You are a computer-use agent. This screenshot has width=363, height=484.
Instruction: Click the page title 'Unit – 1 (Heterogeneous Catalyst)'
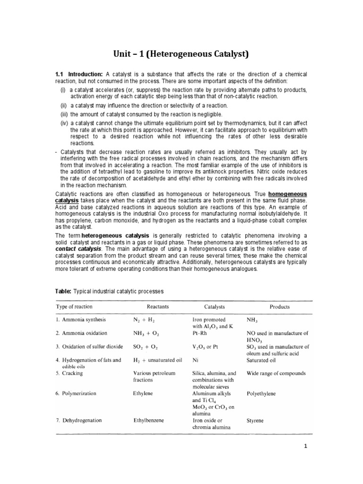tap(181, 55)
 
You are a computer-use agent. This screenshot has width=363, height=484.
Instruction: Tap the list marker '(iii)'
tap(64, 114)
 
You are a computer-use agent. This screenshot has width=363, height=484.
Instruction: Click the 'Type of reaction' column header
tap(75, 307)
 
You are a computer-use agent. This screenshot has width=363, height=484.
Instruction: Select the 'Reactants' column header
tap(158, 307)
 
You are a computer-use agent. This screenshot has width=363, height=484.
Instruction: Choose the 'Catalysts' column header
tap(216, 307)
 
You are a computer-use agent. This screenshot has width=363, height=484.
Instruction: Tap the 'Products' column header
tap(280, 307)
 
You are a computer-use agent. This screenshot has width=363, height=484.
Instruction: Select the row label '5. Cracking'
tap(69, 373)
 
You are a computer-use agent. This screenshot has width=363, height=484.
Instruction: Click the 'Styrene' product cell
tap(257, 420)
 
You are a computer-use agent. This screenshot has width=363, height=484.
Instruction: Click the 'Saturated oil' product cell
tap(262, 360)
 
